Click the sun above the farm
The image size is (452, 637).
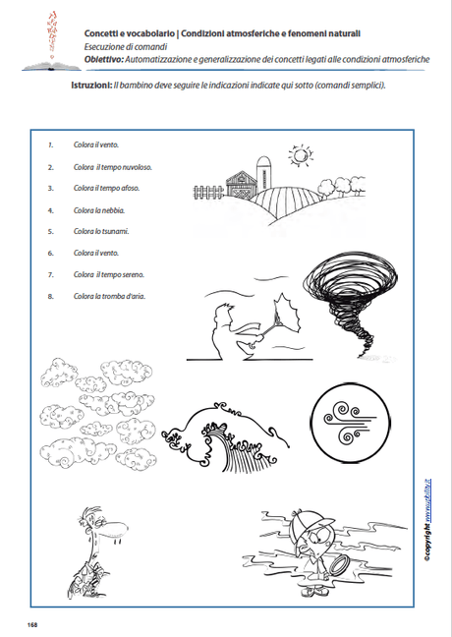(297, 154)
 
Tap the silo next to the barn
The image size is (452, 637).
(264, 171)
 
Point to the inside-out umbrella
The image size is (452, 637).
(287, 319)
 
